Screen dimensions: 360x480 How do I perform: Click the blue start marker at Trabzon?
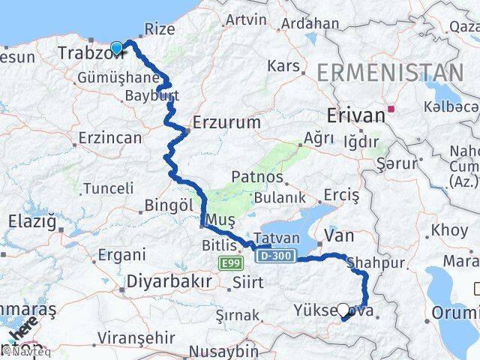[116, 49]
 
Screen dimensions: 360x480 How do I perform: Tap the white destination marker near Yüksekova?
[343, 309]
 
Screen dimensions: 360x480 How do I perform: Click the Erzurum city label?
[226, 121]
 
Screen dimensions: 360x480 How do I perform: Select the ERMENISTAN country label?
[390, 73]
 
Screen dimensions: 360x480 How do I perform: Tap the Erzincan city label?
[109, 138]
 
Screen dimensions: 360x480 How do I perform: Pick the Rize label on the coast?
[159, 29]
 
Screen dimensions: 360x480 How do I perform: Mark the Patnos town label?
[257, 178]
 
